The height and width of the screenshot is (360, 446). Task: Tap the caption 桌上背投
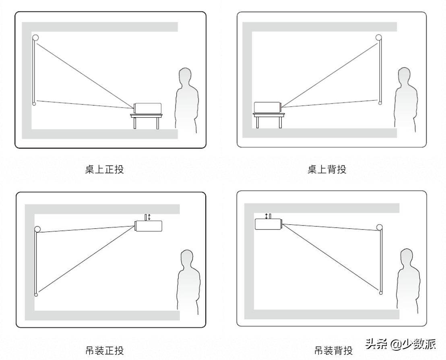(326, 170)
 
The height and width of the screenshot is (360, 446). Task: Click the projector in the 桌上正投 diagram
(148, 108)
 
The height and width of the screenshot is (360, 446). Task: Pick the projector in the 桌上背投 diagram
(266, 108)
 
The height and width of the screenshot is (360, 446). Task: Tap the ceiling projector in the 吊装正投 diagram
(149, 226)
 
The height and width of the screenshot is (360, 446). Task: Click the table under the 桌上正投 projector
(146, 120)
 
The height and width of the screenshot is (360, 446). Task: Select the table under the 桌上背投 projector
(268, 120)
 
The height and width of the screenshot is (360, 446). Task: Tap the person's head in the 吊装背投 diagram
(408, 257)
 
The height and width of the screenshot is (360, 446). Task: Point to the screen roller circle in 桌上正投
(35, 38)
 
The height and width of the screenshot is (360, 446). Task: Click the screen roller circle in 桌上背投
(379, 37)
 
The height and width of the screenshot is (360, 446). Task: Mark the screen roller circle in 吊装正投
(38, 229)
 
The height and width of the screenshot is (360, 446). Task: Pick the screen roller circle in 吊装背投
(379, 227)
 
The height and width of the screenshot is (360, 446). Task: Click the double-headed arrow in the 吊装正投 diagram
(149, 217)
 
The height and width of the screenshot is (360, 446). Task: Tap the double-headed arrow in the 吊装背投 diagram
(266, 216)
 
